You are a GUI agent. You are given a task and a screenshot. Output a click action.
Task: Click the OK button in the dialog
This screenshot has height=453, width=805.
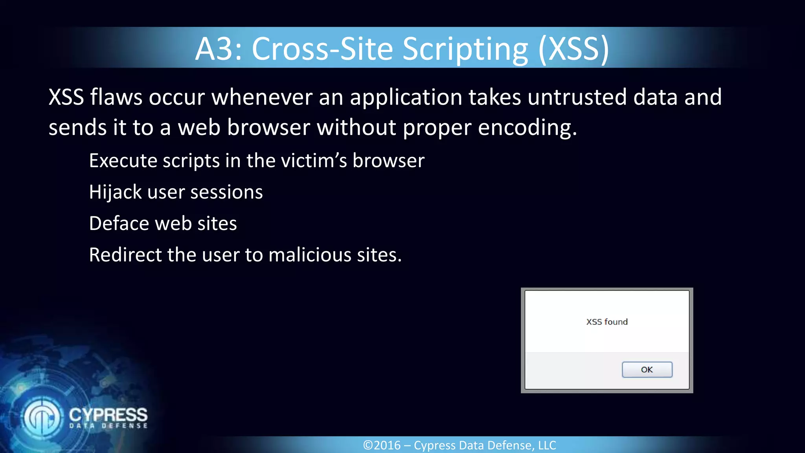(647, 370)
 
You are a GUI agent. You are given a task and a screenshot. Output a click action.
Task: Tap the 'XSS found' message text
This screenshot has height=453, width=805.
(607, 322)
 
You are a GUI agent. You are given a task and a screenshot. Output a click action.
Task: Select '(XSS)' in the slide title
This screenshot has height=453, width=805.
(574, 49)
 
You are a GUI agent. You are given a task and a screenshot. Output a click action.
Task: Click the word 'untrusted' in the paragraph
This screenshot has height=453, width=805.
(577, 97)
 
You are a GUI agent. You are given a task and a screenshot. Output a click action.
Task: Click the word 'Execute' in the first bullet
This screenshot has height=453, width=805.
(123, 161)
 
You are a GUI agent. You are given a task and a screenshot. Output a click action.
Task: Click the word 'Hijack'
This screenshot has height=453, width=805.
(115, 192)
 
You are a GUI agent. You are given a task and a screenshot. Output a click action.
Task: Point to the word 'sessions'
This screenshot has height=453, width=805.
(226, 192)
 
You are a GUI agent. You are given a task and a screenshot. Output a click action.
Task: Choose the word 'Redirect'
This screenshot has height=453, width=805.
(125, 255)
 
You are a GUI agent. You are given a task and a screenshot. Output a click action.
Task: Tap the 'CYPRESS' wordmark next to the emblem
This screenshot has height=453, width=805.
(108, 415)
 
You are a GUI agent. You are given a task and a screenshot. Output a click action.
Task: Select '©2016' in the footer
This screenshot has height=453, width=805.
(382, 445)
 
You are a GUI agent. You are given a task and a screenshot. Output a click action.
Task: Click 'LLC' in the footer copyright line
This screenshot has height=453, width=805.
(547, 445)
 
